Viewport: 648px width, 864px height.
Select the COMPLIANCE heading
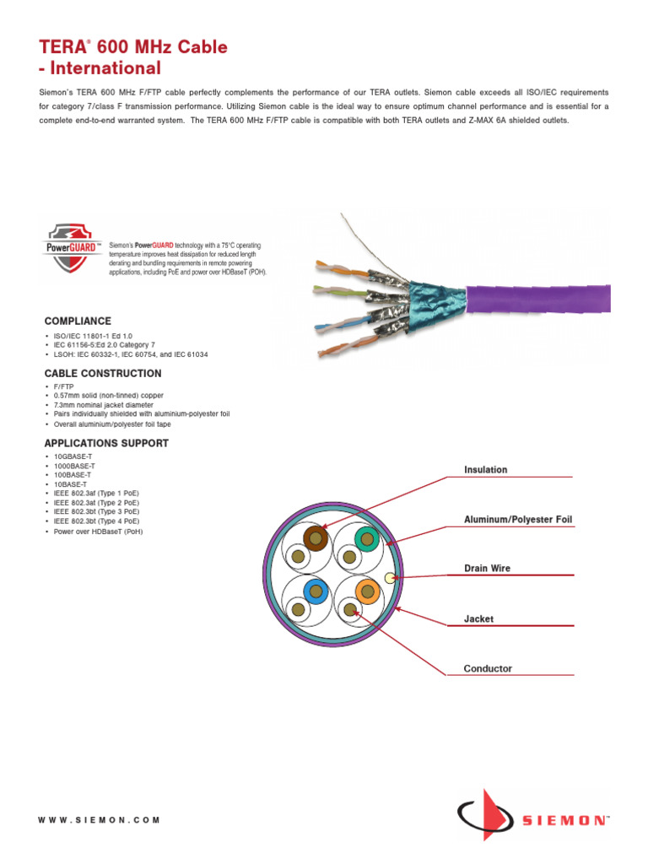(x=78, y=321)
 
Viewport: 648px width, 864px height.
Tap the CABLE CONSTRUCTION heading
(x=103, y=374)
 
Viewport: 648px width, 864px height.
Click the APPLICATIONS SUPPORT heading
(x=106, y=443)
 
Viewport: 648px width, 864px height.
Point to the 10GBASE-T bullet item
(x=73, y=456)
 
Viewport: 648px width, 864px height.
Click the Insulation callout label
(x=486, y=469)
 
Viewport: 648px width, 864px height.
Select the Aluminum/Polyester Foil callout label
(x=518, y=519)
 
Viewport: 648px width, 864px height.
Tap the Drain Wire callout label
(x=487, y=569)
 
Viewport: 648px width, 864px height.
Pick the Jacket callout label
(x=478, y=618)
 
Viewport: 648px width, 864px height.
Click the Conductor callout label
(x=488, y=668)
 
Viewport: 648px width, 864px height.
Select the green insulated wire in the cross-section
(x=366, y=537)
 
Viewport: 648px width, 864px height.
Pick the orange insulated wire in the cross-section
(x=366, y=591)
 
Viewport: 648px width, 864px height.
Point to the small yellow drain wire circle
(x=390, y=578)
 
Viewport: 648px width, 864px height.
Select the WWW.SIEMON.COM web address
(x=100, y=819)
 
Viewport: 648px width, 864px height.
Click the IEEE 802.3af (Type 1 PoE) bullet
(x=96, y=494)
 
